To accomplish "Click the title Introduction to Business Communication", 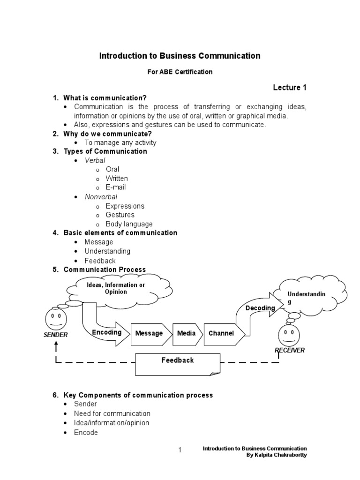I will [x=180, y=56].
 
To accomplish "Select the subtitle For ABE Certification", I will [x=180, y=72].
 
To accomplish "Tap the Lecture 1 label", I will [x=290, y=88].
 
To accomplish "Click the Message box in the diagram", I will [x=149, y=333].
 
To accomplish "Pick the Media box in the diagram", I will [x=186, y=333].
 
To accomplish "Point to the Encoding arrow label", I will [x=107, y=332].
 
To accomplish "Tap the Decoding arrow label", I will [x=260, y=308].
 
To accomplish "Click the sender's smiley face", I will [x=55, y=321].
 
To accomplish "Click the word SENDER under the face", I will [x=55, y=335].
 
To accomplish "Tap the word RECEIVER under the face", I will [x=289, y=350].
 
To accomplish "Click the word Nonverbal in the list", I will [x=101, y=197].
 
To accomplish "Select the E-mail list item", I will [x=115, y=187].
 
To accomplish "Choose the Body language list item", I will [x=129, y=224].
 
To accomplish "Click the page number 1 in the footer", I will [x=180, y=451].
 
